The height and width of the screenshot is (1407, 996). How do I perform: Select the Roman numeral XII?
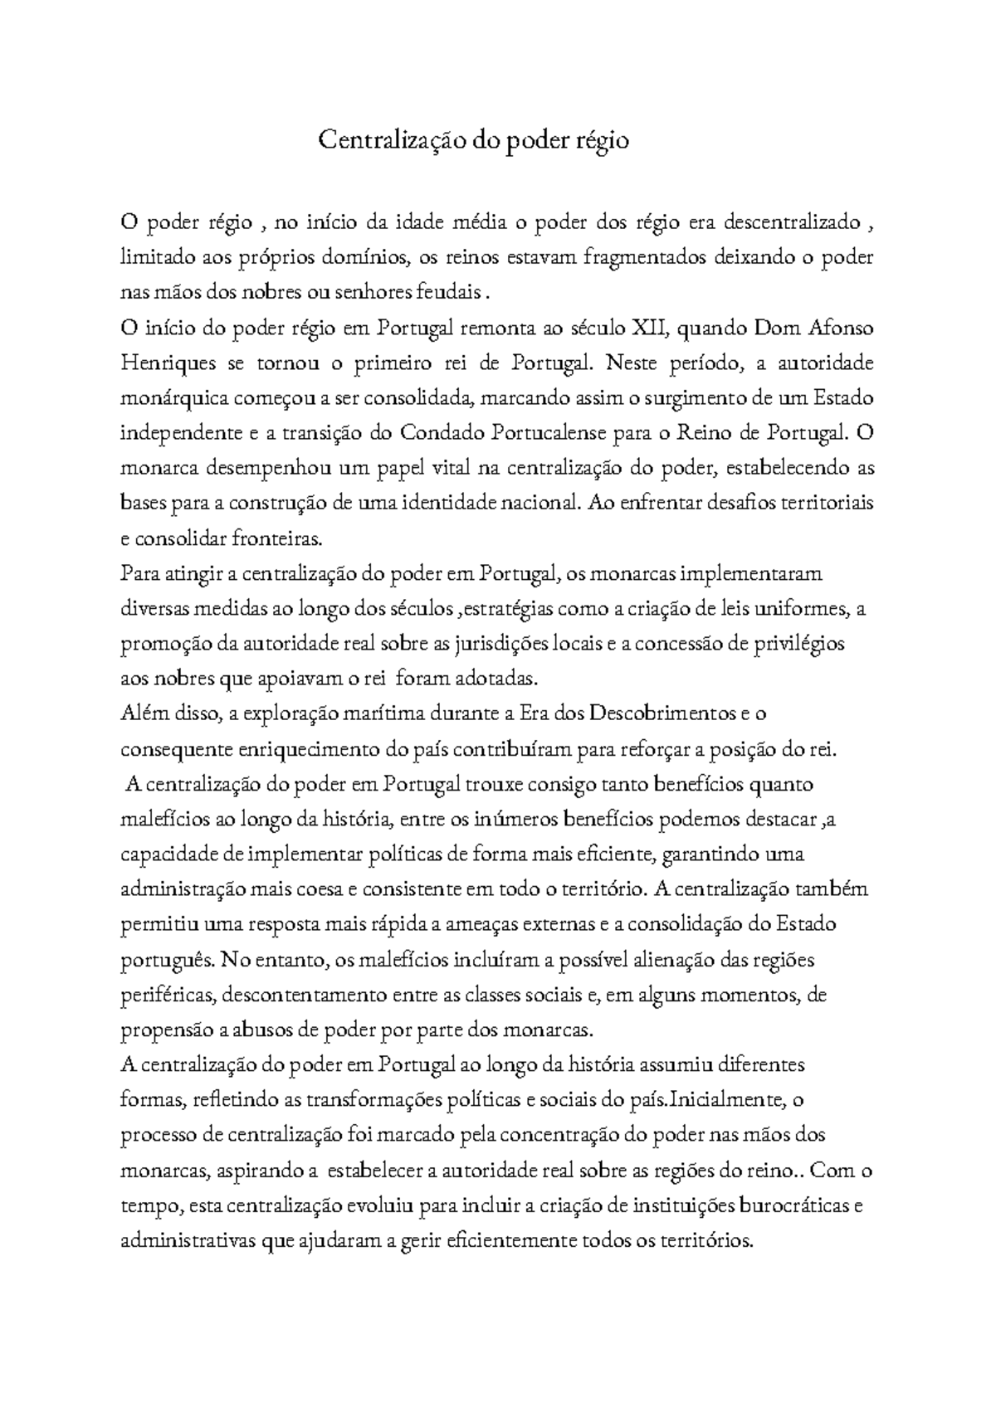coord(649,328)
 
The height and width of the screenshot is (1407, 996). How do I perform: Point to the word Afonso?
coord(840,328)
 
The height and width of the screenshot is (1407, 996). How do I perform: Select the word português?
coord(162,961)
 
